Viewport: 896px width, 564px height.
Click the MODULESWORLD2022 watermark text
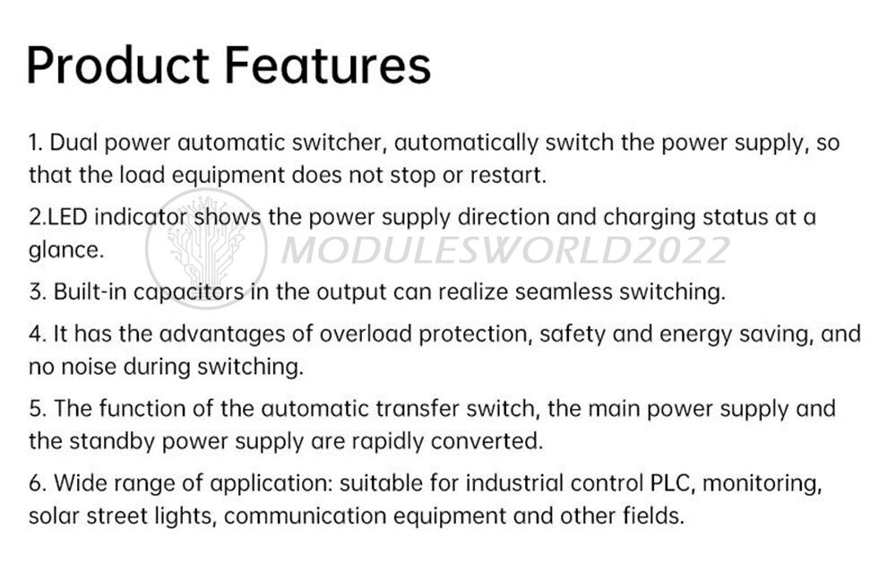[x=505, y=250]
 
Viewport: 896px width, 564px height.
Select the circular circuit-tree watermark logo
[x=206, y=247]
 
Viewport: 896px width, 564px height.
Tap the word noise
[x=100, y=367]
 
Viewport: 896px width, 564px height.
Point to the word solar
[x=55, y=516]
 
